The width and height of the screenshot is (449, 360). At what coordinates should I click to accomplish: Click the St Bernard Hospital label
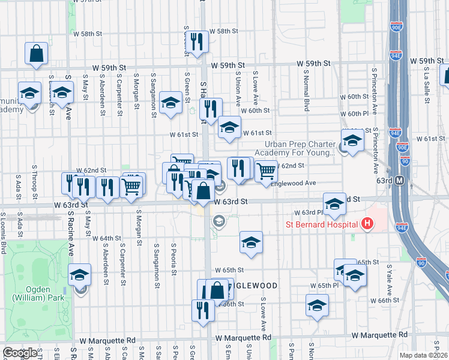click(321, 225)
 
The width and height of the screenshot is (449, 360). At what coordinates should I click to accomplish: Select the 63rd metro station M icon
click(415, 180)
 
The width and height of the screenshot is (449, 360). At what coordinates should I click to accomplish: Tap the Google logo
click(20, 353)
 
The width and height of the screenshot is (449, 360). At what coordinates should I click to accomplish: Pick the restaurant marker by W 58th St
click(196, 42)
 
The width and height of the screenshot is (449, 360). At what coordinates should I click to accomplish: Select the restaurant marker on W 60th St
click(210, 109)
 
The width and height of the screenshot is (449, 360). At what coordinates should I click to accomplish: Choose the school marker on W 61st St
click(229, 127)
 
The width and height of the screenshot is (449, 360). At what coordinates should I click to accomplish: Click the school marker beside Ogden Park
click(79, 275)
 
